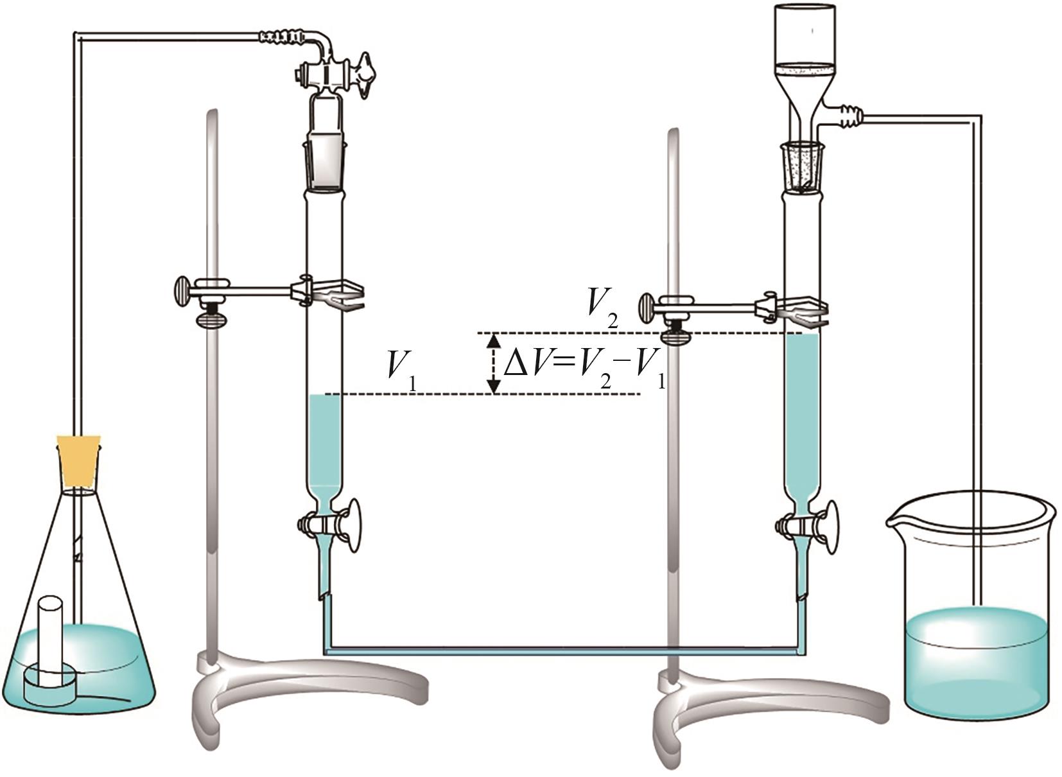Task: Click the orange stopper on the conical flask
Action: (79, 460)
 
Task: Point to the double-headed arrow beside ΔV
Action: (494, 363)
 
